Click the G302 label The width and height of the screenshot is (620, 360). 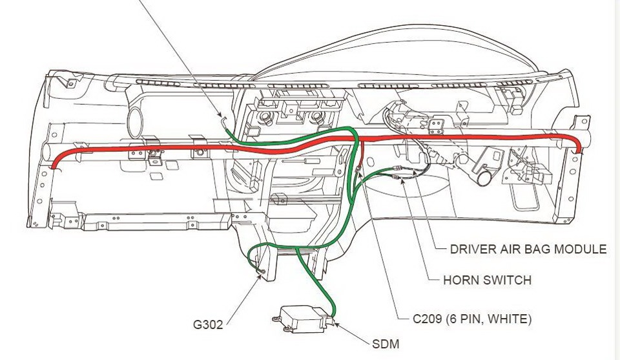(207, 325)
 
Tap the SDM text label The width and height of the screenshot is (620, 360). (386, 344)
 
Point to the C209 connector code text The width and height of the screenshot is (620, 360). (427, 319)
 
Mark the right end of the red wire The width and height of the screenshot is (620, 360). (580, 151)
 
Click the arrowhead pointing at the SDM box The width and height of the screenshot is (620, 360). (337, 324)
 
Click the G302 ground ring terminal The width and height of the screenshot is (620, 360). (263, 271)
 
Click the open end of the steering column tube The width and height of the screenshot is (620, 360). (483, 178)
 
